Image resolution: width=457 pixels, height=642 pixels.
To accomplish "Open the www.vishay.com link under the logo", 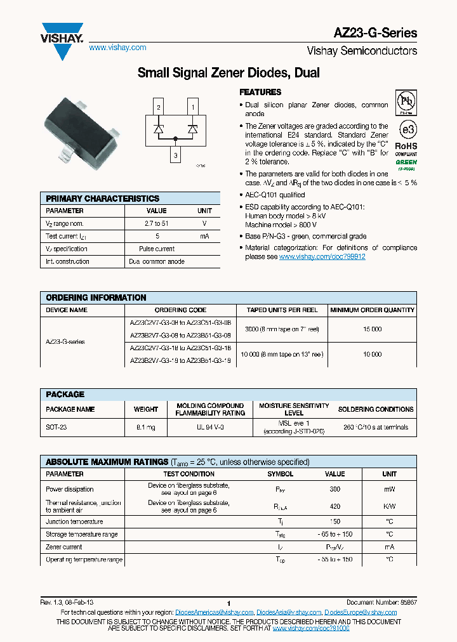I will tap(117, 48).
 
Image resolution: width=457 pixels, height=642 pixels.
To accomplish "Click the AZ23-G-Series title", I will tap(376, 33).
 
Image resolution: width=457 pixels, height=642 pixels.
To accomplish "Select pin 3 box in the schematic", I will tap(175, 155).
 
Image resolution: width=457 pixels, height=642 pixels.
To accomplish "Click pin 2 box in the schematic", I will tap(158, 107).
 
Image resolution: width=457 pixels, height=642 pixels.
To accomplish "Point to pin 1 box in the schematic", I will tap(192, 107).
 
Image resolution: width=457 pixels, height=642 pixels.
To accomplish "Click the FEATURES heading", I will tap(260, 92).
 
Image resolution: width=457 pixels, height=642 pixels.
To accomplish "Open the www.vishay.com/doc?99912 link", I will tap(322, 257).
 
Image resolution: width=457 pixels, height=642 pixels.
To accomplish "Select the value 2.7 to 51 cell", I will tap(157, 223).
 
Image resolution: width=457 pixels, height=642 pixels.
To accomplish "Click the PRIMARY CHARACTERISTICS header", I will tap(103, 199).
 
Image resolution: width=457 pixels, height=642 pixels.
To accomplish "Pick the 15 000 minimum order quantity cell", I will tap(373, 329).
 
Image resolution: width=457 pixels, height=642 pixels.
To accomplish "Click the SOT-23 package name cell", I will tap(56, 428).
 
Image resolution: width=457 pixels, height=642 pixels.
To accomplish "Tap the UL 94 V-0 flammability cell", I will tap(209, 428).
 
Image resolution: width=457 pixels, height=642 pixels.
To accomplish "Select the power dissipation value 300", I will tap(335, 489).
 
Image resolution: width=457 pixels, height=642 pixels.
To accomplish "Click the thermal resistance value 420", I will tap(335, 506).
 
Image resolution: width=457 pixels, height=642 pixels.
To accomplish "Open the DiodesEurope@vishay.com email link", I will tap(361, 612).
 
